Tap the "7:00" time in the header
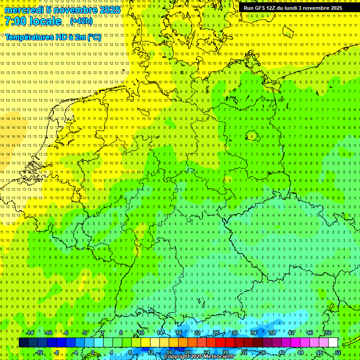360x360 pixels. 15,21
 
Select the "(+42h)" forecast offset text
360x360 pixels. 82,21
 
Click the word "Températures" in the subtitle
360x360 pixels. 26,37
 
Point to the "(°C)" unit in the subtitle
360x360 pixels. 94,37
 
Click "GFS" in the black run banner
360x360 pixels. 260,8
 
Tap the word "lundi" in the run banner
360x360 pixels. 291,8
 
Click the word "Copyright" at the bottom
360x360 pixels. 177,357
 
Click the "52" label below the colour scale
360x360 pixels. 337,352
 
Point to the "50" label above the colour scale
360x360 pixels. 328,333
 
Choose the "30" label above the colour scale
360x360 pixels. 234,333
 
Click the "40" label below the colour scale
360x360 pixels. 281,352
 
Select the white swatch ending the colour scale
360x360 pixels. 333,343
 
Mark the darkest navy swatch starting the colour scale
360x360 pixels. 23,343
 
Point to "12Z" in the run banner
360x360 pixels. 271,8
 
